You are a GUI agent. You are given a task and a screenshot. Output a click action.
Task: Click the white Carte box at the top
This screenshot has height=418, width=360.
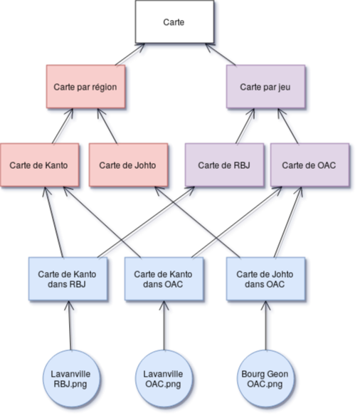tap(174, 22)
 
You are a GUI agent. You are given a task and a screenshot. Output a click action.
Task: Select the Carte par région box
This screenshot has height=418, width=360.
tap(86, 87)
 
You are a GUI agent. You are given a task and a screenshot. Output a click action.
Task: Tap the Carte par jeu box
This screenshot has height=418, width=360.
tap(266, 87)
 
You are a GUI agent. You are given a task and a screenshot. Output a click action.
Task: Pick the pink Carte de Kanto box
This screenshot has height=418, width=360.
tap(40, 165)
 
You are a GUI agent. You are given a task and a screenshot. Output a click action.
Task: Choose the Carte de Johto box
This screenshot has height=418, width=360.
tap(129, 165)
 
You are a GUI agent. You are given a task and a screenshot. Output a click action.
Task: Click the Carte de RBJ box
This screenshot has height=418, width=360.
tap(225, 165)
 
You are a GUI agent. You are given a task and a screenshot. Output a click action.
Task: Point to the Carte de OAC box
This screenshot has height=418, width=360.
tap(310, 165)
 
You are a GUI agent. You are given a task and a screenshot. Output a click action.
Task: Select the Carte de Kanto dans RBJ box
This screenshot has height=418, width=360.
tap(68, 279)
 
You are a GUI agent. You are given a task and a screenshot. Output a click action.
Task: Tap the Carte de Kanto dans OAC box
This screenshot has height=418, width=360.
tap(164, 279)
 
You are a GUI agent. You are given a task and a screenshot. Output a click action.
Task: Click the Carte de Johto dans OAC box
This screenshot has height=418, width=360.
tap(266, 279)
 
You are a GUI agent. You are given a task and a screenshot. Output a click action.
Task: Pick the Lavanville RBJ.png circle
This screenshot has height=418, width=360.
tap(71, 379)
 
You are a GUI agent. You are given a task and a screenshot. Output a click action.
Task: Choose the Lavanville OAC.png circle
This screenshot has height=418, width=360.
tap(164, 379)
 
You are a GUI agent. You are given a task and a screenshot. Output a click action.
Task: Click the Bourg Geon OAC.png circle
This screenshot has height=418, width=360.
tap(266, 379)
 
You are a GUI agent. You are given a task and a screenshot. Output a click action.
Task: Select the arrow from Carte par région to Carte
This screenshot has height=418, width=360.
tap(130, 54)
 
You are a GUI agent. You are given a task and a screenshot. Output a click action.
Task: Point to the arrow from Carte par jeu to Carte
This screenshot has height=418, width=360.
tap(221, 54)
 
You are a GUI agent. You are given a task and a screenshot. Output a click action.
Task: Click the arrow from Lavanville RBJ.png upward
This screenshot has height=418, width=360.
tap(70, 325)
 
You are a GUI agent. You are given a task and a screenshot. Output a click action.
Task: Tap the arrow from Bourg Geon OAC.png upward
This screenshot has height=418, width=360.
tap(266, 325)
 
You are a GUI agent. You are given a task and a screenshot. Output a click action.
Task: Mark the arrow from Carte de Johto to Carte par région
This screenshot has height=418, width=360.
tap(107, 126)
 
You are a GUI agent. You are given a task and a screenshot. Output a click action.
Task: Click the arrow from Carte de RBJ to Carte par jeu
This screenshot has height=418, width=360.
tap(245, 126)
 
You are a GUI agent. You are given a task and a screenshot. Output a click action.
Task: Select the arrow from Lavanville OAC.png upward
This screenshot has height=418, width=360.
tap(164, 325)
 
